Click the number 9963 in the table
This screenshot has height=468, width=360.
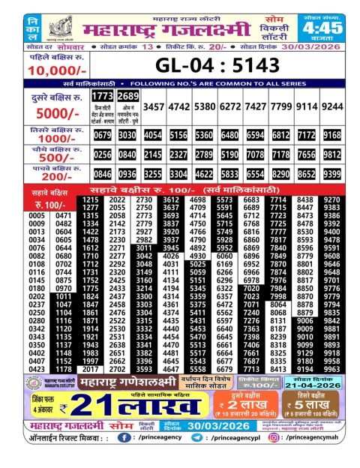(x=342, y=369)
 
